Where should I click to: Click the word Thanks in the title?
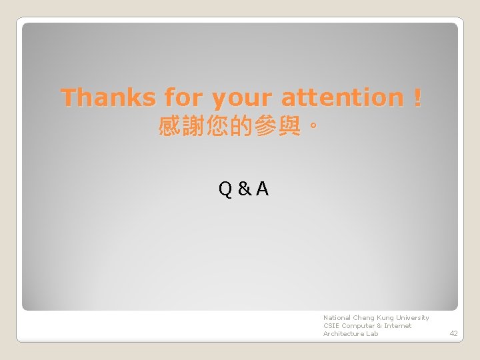coord(107,98)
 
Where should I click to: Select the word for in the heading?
coord(183,98)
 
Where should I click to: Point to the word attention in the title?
coord(342,98)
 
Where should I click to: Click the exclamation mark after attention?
coord(417,98)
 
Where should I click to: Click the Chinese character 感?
coord(169,126)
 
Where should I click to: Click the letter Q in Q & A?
coord(225,190)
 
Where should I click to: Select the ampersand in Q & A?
coord(244,190)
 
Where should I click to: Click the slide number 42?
coord(453,333)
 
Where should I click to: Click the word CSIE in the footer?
coord(331,326)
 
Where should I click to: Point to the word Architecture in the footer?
coord(343,334)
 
